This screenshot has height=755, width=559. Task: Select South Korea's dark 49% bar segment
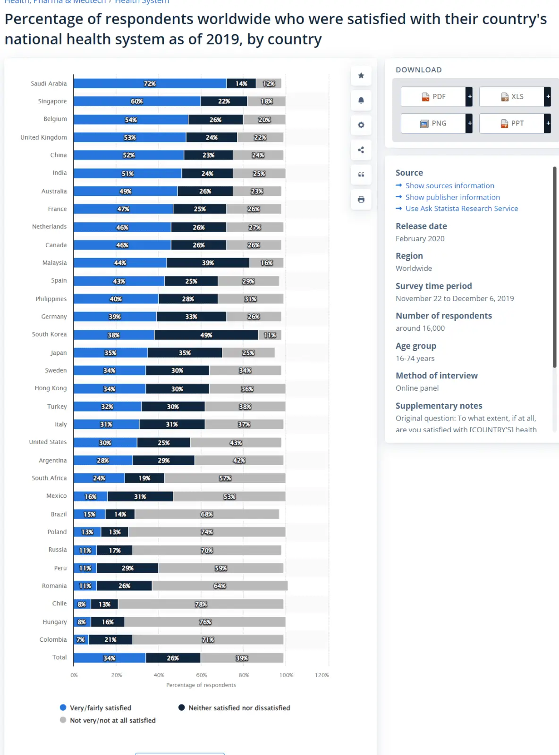pyautogui.click(x=206, y=335)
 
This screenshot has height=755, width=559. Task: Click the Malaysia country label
pyautogui.click(x=54, y=263)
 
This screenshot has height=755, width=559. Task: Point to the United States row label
pyautogui.click(x=48, y=442)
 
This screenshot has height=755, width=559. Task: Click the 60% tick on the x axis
pyautogui.click(x=202, y=675)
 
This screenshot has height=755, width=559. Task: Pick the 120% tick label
pyautogui.click(x=322, y=675)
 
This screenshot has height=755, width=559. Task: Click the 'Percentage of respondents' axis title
pyautogui.click(x=201, y=685)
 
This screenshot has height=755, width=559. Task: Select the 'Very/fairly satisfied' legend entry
pyautogui.click(x=96, y=708)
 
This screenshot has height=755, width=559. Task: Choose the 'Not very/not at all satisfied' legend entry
pyautogui.click(x=108, y=721)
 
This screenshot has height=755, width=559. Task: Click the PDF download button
pyautogui.click(x=433, y=97)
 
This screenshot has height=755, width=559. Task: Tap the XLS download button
pyautogui.click(x=512, y=97)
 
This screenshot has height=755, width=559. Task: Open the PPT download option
pyautogui.click(x=512, y=124)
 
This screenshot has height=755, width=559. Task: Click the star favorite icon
pyautogui.click(x=361, y=75)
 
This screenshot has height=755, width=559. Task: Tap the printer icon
pyautogui.click(x=361, y=200)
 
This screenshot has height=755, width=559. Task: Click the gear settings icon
pyautogui.click(x=361, y=125)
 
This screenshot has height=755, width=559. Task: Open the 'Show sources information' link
pyautogui.click(x=449, y=186)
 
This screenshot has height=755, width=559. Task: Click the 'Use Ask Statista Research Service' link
pyautogui.click(x=461, y=209)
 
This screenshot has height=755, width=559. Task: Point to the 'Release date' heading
pyautogui.click(x=421, y=226)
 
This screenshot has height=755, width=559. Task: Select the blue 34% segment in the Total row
pyautogui.click(x=110, y=658)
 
